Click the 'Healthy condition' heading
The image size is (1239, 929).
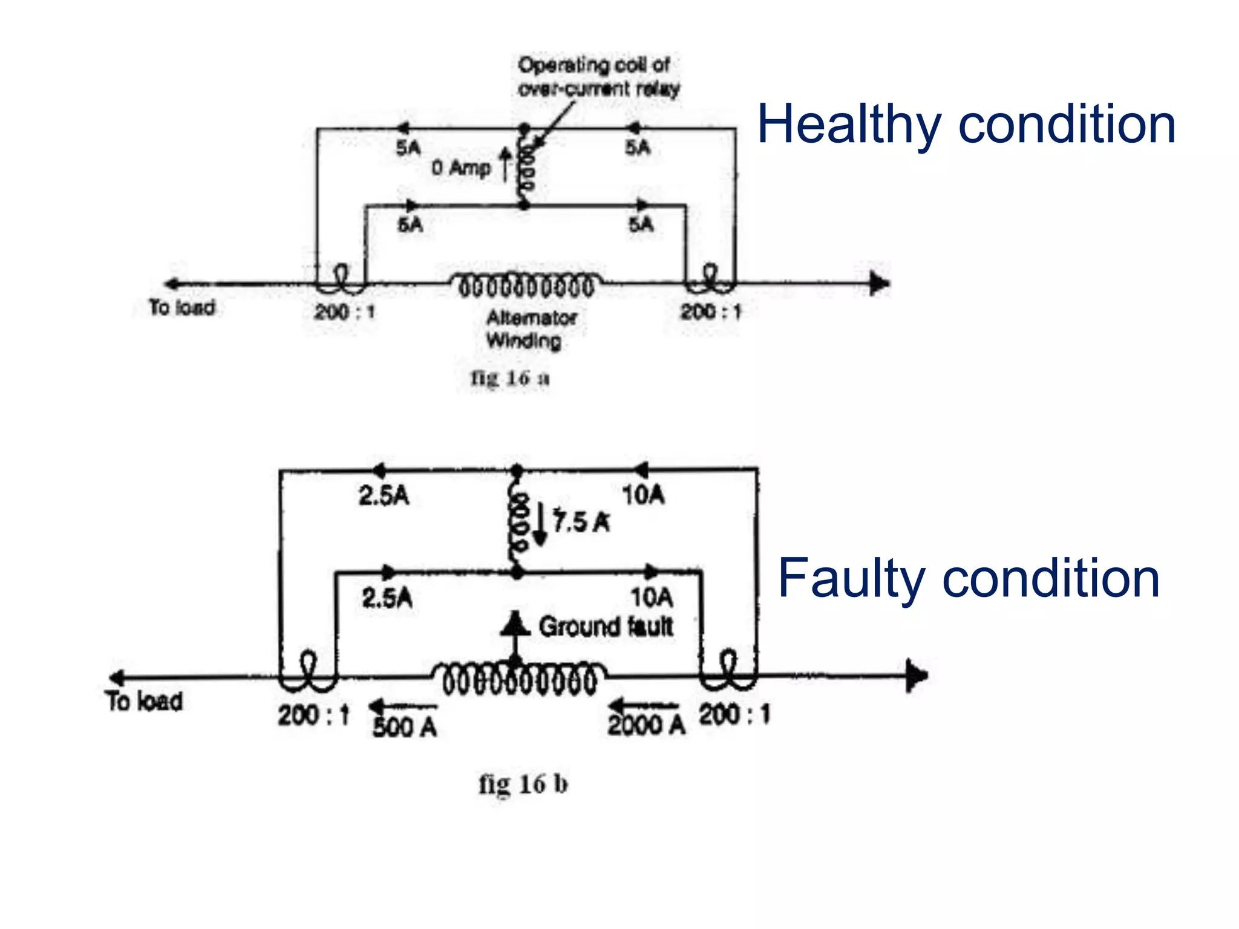(x=966, y=125)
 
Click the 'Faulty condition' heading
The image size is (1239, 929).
(x=969, y=579)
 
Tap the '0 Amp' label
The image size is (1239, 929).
(x=460, y=168)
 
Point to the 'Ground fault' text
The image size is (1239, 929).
(x=606, y=627)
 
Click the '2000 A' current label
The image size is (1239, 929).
(x=646, y=725)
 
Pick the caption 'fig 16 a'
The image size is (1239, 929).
(x=510, y=378)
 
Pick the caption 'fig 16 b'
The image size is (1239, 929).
(x=523, y=784)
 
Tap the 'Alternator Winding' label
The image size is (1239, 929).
(x=531, y=329)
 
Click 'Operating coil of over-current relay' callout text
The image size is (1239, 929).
(x=598, y=77)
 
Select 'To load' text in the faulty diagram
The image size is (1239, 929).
(x=144, y=701)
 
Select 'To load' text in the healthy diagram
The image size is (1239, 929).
(x=181, y=307)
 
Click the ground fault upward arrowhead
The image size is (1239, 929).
(x=515, y=624)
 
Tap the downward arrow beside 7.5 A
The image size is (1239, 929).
(x=540, y=526)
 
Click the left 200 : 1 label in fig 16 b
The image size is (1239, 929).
(x=313, y=716)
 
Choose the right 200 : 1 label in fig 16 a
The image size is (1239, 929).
(x=710, y=312)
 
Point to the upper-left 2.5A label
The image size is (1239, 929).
(x=384, y=496)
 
